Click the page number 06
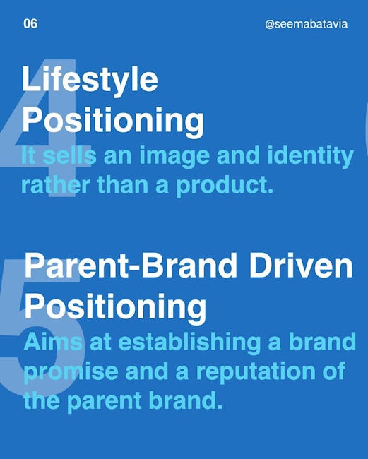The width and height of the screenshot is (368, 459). pyautogui.click(x=30, y=24)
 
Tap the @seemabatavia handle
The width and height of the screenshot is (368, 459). pyautogui.click(x=307, y=24)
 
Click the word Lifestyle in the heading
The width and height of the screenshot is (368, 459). pyautogui.click(x=90, y=79)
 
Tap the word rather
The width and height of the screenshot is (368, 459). pyautogui.click(x=55, y=186)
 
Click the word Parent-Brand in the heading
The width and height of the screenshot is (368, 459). pyautogui.click(x=131, y=265)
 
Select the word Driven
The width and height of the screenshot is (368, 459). pyautogui.click(x=301, y=266)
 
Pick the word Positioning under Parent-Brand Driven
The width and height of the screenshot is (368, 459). pyautogui.click(x=115, y=308)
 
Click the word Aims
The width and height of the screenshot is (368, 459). pyautogui.click(x=53, y=342)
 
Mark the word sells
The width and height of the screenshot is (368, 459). pyautogui.click(x=69, y=155)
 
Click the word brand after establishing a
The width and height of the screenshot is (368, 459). pyautogui.click(x=322, y=341)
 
